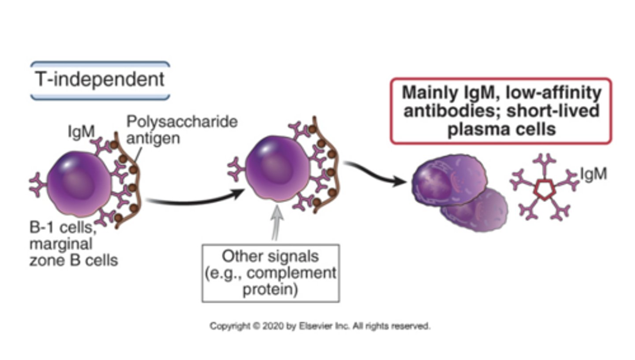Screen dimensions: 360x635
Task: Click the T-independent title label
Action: pyautogui.click(x=100, y=80)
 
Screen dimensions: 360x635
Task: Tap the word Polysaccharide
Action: pyautogui.click(x=182, y=122)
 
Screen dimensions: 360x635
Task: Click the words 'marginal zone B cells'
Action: pyautogui.click(x=73, y=252)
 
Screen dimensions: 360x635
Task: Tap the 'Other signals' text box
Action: pyautogui.click(x=270, y=273)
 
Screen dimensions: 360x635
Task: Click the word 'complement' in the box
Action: pyautogui.click(x=291, y=273)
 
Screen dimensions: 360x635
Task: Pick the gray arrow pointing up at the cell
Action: pyautogui.click(x=276, y=223)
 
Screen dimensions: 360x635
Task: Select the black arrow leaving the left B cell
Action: pyautogui.click(x=194, y=199)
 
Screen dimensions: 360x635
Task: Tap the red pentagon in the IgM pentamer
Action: pyautogui.click(x=543, y=190)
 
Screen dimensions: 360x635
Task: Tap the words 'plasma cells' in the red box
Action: pyautogui.click(x=501, y=130)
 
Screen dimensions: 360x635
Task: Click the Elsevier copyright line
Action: pyautogui.click(x=320, y=327)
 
